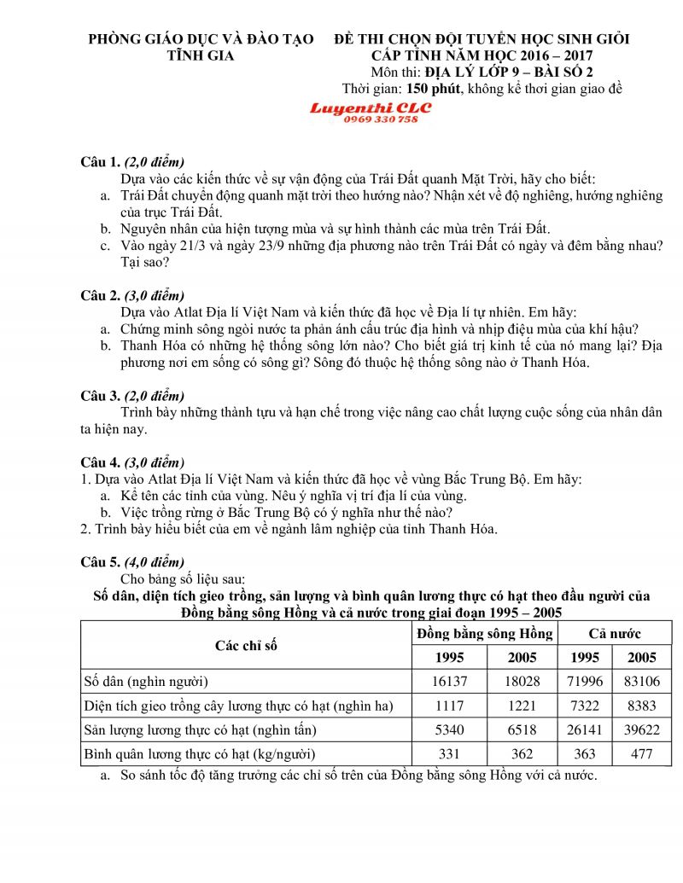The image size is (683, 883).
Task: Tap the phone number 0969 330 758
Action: tap(381, 120)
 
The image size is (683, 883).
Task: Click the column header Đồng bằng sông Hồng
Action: tap(485, 633)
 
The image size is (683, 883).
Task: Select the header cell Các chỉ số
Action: tap(246, 645)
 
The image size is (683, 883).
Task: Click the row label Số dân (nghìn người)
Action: tap(146, 681)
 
